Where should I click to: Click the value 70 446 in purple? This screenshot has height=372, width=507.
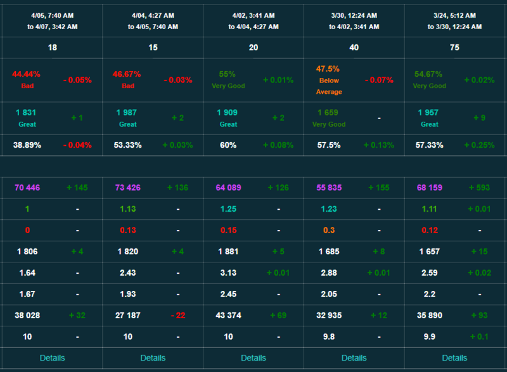pos(27,188)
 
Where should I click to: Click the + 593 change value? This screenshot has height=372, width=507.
pos(480,188)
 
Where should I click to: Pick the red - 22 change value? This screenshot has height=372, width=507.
pos(177,315)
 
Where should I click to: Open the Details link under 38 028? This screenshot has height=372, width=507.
pos(52,357)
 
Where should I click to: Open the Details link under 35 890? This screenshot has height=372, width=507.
pos(454,357)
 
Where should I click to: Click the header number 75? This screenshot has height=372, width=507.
pos(454,48)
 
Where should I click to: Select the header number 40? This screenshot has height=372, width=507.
pos(354,48)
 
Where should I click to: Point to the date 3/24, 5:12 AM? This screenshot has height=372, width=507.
pos(454,15)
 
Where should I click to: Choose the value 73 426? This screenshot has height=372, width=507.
pos(128,188)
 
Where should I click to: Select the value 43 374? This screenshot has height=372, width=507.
pos(229,315)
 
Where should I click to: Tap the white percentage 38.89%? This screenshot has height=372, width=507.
pos(27,145)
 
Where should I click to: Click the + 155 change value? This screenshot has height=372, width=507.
pos(378,188)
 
